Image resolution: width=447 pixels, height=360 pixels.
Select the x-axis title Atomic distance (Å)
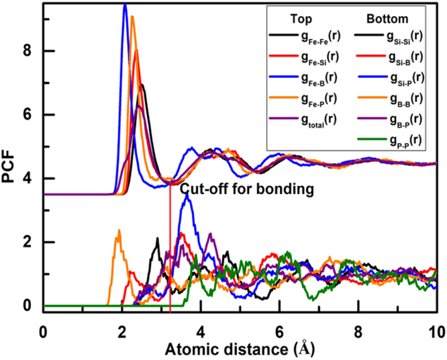(240, 349)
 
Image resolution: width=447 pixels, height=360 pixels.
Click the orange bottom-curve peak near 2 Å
(119, 231)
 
